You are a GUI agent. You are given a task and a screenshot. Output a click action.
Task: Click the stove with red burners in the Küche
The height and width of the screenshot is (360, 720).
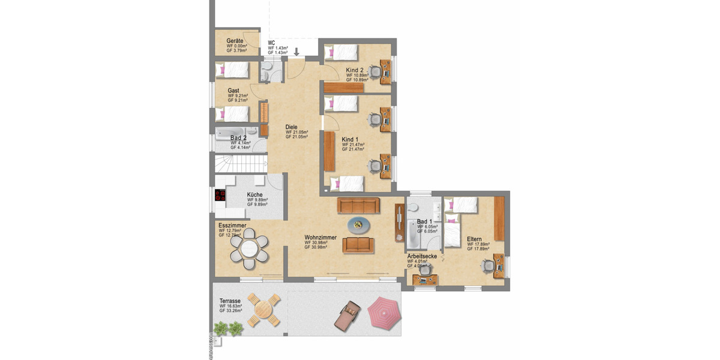coord(220,194)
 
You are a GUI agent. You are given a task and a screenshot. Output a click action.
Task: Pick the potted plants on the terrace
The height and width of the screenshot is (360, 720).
coord(229,328)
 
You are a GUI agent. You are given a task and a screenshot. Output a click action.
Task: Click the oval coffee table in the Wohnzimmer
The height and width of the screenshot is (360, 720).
coord(360,225)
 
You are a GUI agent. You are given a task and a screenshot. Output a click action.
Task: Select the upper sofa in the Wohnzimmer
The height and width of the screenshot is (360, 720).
coord(359,206)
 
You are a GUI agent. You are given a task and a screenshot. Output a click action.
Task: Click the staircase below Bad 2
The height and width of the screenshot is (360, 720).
coord(240,163)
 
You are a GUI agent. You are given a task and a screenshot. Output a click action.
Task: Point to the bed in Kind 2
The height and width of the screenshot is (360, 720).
coord(341,52)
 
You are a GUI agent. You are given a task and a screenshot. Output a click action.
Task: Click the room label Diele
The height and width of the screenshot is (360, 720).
coord(292,127)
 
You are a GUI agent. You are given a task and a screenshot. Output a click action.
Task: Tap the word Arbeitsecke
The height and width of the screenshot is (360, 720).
coord(422,256)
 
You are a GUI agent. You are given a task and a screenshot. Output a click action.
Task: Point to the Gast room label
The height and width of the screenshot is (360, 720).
coord(233,91)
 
